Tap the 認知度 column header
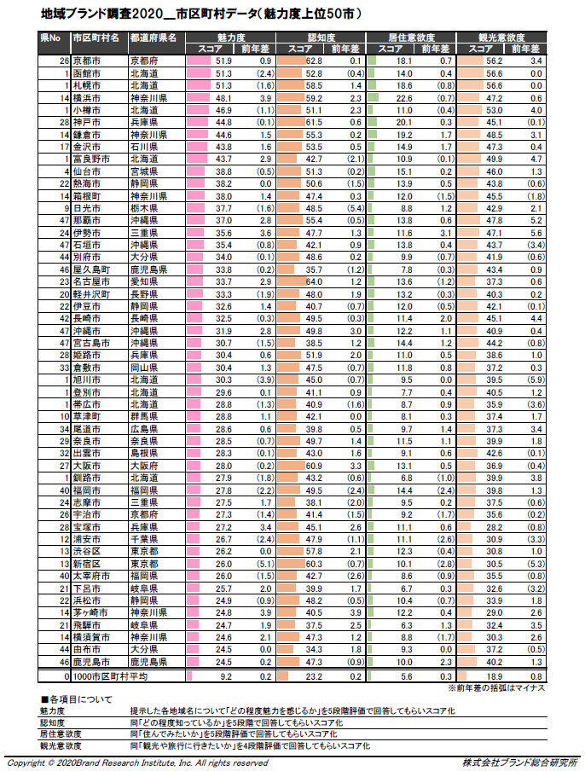click(x=320, y=38)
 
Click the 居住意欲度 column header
click(x=412, y=38)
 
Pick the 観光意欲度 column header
click(x=502, y=38)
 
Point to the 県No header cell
click(x=51, y=38)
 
